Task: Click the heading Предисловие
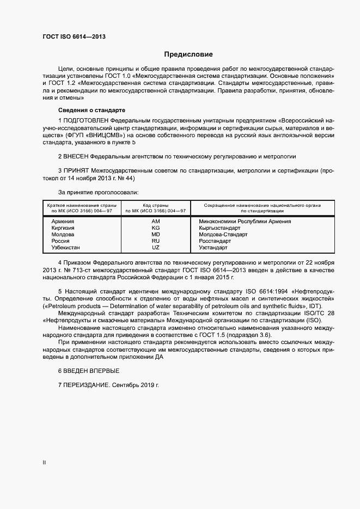[188, 54]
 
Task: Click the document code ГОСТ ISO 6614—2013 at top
[74, 36]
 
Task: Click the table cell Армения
[62, 222]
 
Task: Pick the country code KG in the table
[155, 228]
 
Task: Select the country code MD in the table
[155, 235]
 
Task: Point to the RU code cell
[155, 241]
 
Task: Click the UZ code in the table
[155, 247]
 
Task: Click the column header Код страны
[155, 205]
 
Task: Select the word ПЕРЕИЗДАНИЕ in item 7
[87, 385]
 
